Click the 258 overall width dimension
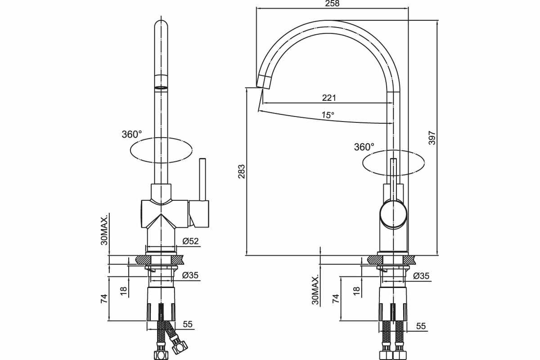(x=332, y=4)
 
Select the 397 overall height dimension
(x=432, y=137)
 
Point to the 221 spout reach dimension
(x=329, y=98)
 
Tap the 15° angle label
(x=328, y=115)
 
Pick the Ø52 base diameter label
(x=190, y=241)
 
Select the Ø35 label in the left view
(x=190, y=275)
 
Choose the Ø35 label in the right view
(x=421, y=275)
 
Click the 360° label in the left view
(x=131, y=134)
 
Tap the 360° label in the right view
(x=364, y=147)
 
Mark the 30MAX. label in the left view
(x=104, y=229)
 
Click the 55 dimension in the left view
(x=188, y=324)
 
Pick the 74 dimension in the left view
(x=103, y=298)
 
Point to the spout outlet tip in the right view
(x=263, y=82)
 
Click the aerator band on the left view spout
(x=162, y=88)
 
